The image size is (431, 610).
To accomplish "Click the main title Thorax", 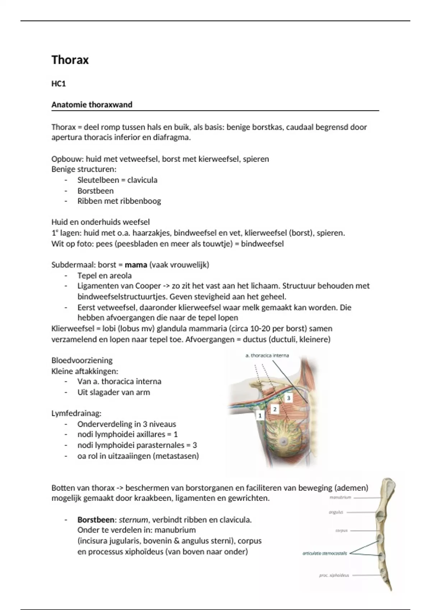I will point(70,60).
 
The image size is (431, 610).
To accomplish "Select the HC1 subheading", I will point(59,84).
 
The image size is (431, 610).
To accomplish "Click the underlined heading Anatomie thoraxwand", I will point(92,105).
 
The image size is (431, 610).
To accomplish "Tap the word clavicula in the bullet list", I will point(142,180).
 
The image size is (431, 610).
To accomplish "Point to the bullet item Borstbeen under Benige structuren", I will point(96,191).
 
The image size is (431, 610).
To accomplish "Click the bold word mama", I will point(136,265).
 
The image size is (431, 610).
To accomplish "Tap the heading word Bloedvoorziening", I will point(82,360).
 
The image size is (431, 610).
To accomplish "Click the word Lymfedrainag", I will point(76,413).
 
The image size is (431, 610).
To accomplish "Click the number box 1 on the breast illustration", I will point(260,416).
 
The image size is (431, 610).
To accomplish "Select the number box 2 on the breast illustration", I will point(275,409).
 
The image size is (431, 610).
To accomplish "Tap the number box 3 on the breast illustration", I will point(288,398).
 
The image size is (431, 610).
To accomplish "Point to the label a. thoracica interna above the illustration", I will point(267,356).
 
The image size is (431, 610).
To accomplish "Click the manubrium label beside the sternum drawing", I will point(340,498).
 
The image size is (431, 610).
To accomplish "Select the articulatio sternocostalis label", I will point(325,553).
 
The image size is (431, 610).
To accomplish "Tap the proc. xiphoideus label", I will point(334,576).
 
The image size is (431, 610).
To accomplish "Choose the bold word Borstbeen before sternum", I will point(96,520).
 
